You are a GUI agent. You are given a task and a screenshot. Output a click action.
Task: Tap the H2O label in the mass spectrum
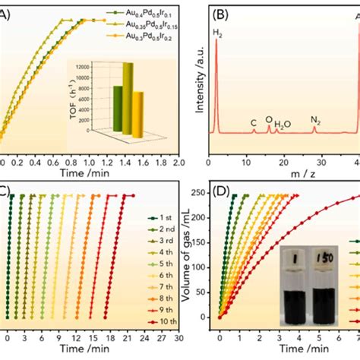tap(283, 122)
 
